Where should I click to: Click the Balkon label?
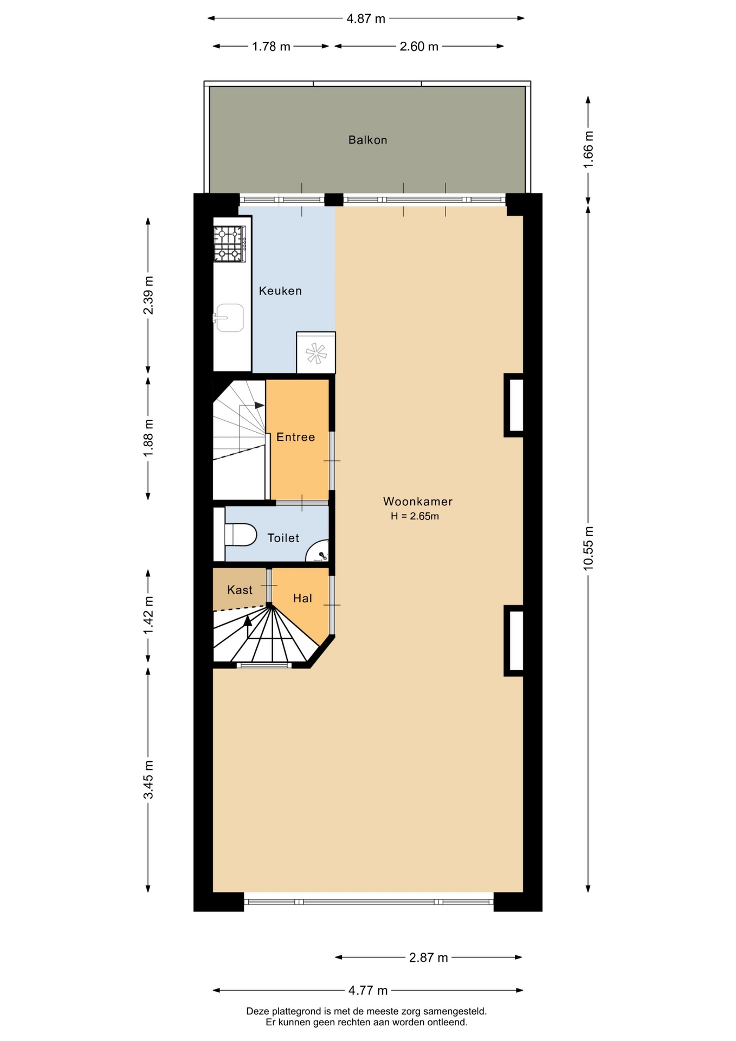[x=367, y=140]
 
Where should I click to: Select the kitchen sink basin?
[x=230, y=317]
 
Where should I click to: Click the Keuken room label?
[x=280, y=291]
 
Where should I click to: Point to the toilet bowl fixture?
[x=240, y=535]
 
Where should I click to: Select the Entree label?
[x=295, y=437]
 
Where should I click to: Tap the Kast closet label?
[x=240, y=590]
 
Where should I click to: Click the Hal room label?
[x=302, y=598]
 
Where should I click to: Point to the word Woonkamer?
[x=417, y=502]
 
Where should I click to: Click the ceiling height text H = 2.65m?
[x=415, y=516]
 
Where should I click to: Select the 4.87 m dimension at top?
[x=366, y=19]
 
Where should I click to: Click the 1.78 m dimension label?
[x=271, y=47]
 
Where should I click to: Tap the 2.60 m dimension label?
[x=419, y=47]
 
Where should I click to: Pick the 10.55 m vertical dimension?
[x=589, y=548]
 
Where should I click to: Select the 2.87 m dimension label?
[x=429, y=958]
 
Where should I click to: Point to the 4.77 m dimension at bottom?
[x=368, y=991]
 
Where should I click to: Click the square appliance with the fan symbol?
[x=316, y=352]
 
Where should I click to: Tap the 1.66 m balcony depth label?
[x=589, y=149]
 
